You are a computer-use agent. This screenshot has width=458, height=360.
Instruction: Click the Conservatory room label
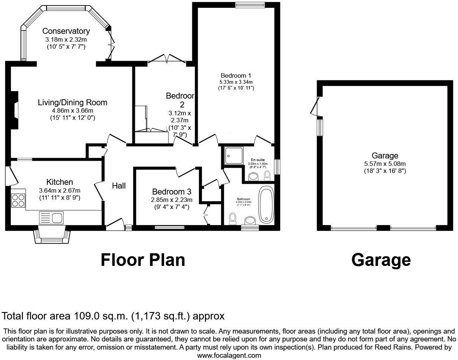66,31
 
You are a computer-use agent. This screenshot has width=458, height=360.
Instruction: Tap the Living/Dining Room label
73,102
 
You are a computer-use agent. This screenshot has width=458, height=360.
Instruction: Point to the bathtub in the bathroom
265,203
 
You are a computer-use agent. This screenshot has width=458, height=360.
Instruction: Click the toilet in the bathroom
233,218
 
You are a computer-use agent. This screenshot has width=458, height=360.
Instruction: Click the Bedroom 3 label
172,192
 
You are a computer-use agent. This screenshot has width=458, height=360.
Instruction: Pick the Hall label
119,186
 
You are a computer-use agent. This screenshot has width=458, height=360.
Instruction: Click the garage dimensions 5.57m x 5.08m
385,164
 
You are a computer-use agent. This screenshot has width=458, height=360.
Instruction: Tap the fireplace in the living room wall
14,110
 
